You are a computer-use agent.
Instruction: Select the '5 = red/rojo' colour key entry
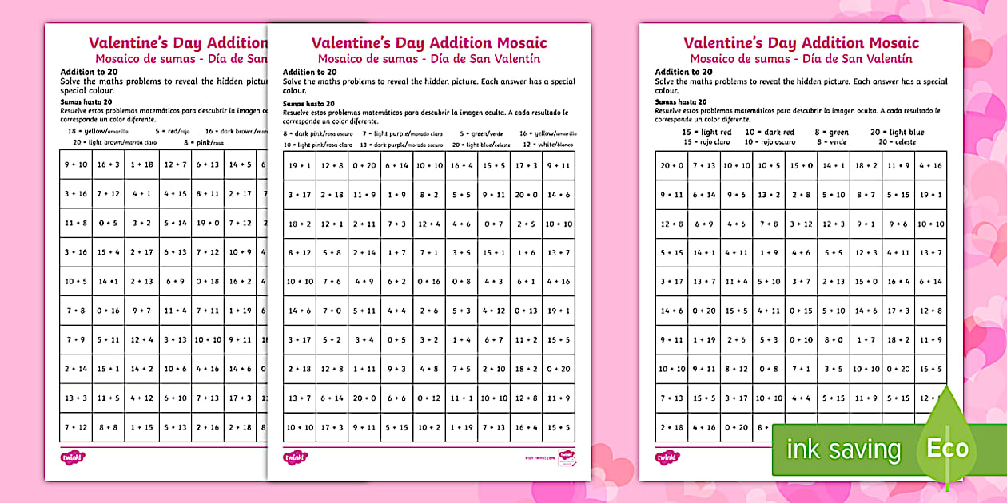173,130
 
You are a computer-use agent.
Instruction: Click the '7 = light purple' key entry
392,133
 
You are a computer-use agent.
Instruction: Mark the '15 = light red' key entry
706,132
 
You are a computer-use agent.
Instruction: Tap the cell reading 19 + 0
209,224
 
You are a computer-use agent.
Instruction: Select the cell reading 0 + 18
209,281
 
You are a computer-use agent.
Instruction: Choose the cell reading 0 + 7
494,224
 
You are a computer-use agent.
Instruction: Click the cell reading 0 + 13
526,311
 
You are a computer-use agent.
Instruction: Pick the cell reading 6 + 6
396,398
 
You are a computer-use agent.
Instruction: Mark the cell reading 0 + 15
800,311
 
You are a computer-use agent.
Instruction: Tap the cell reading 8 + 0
833,340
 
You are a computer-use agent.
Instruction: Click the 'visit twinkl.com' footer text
541,458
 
